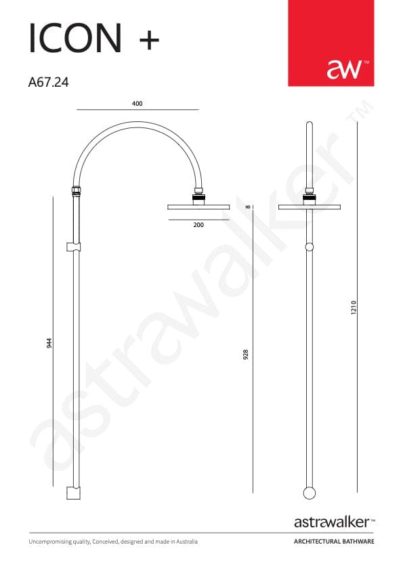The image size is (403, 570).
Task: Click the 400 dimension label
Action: click(137, 104)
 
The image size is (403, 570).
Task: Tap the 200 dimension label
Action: click(198, 225)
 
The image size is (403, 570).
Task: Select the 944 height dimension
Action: click(49, 343)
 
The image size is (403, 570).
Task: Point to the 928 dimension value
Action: click(246, 354)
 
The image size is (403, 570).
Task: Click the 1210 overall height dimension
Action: click(354, 308)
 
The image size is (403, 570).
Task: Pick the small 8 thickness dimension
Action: click(248, 207)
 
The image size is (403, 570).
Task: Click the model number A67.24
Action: click(48, 83)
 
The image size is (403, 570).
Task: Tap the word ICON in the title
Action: click(75, 38)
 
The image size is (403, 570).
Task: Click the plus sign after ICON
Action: click(150, 39)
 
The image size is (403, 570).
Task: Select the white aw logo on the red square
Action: click(344, 69)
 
